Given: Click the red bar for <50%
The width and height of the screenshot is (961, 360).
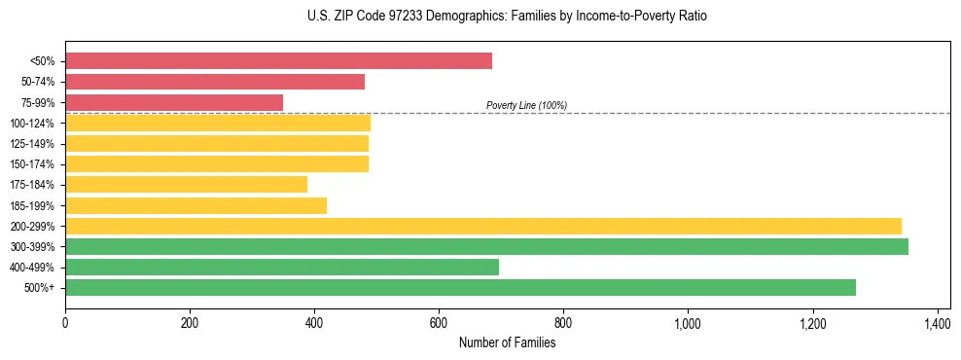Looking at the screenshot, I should [x=278, y=61].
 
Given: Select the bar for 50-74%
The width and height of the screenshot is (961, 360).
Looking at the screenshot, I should [x=215, y=82].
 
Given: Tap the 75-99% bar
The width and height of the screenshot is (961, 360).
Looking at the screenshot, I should [x=174, y=102].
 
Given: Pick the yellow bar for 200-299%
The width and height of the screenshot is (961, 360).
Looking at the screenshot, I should [x=483, y=226].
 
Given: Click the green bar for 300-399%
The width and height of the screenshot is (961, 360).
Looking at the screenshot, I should [x=486, y=246].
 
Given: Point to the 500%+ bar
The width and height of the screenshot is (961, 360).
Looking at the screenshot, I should [x=460, y=287].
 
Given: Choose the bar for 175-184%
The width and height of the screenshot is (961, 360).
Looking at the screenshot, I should [x=186, y=185].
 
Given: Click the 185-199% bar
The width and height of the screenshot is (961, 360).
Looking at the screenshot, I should [x=196, y=205].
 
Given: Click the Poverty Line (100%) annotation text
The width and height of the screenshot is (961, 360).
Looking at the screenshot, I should [x=526, y=105].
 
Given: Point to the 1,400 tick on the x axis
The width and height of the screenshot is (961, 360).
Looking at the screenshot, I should [x=937, y=321].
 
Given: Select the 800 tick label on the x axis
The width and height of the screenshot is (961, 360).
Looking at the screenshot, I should [x=563, y=321].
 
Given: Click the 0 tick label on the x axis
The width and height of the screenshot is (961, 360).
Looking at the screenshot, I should [x=65, y=321].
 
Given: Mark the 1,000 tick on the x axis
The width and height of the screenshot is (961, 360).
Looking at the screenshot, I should [x=688, y=321].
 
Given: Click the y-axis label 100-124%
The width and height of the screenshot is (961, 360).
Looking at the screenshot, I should [x=32, y=124].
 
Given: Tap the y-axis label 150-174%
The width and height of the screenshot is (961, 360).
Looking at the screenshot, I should [x=32, y=164].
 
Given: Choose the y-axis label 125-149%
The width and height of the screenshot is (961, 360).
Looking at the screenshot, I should [x=32, y=144].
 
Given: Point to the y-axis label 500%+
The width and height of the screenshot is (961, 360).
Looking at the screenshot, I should [x=39, y=288].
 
